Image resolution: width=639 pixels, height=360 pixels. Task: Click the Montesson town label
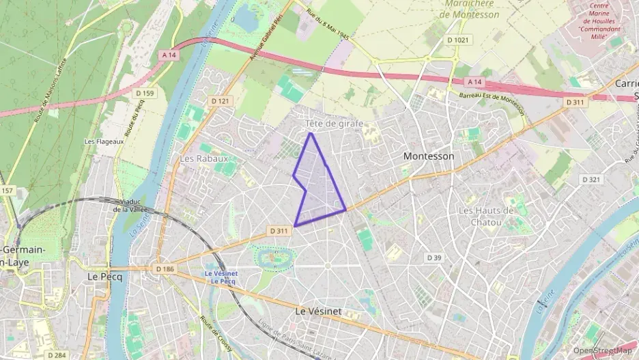428,156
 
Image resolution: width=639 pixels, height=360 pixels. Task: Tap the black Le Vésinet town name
317,310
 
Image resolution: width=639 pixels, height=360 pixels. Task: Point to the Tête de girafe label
334,124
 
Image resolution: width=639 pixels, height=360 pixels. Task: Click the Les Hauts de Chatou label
486,216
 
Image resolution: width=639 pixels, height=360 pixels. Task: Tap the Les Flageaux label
100,141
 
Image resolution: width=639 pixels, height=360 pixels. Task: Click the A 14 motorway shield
169,53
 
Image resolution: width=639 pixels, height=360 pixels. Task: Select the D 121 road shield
220,101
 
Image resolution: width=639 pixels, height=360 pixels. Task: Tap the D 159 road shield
144,93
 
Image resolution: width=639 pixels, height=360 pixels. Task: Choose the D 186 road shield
165,269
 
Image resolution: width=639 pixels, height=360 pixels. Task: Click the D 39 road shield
434,258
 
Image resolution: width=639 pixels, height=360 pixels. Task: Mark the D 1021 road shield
459,40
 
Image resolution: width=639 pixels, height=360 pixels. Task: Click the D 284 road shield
57,355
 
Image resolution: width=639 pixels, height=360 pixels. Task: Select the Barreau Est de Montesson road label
491,103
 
